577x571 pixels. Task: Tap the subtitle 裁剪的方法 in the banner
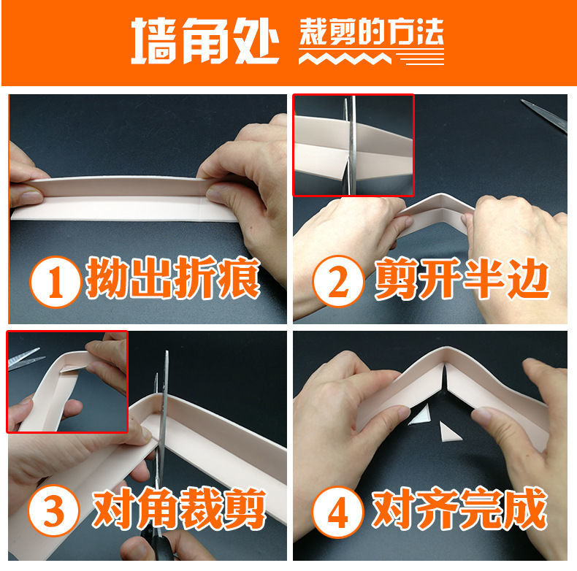click(x=371, y=32)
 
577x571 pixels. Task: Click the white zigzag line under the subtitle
click(x=345, y=58)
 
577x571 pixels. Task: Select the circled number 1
click(x=56, y=282)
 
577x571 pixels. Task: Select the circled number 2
click(x=338, y=280)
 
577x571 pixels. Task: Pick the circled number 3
click(x=54, y=510)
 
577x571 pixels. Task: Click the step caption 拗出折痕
click(x=173, y=277)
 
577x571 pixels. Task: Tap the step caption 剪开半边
click(x=462, y=278)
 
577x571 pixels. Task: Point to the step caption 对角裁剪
click(x=179, y=508)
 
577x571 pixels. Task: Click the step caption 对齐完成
click(x=459, y=509)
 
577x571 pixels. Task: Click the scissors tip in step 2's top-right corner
click(x=522, y=100)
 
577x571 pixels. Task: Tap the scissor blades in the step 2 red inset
click(x=349, y=145)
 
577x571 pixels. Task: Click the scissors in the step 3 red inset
click(x=24, y=356)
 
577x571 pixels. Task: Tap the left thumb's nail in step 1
click(x=31, y=197)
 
